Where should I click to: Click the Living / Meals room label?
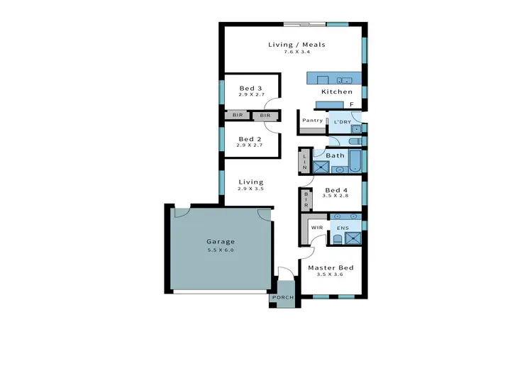(x=297, y=45)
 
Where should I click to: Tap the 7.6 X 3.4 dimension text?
(x=297, y=53)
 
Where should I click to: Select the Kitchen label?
(x=336, y=92)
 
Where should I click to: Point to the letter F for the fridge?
(x=351, y=104)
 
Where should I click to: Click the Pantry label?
(x=313, y=121)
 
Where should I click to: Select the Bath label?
(x=335, y=155)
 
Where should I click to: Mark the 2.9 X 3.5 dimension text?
(x=250, y=189)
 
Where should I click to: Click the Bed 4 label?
(x=336, y=190)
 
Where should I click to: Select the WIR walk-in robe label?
(x=317, y=228)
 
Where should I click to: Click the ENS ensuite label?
(x=343, y=228)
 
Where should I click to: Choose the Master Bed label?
(x=330, y=267)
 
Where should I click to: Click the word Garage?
(x=220, y=241)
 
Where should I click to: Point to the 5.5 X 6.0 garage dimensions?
(x=220, y=250)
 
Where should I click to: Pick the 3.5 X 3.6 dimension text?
(x=330, y=275)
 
